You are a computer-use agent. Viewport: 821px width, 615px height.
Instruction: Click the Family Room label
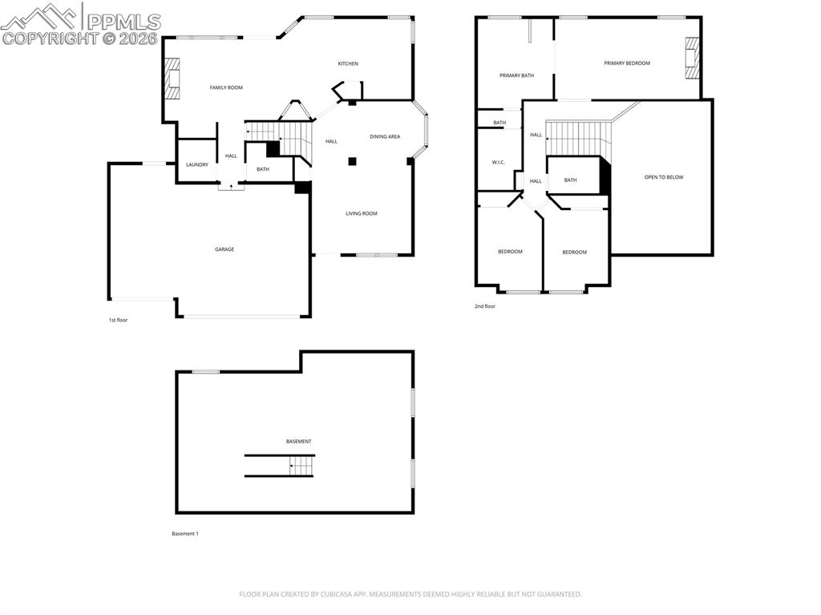226,87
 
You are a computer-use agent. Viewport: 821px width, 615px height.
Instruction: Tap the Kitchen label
347,63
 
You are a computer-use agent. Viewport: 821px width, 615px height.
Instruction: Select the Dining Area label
385,137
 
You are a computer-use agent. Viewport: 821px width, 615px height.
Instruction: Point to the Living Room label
361,213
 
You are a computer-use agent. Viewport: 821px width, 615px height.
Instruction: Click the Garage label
224,249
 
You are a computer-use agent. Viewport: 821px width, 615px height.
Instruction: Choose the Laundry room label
197,165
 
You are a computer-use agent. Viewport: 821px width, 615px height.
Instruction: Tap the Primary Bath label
516,75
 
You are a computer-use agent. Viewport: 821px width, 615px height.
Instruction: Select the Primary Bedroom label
627,63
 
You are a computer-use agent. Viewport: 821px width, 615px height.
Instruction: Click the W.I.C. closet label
498,162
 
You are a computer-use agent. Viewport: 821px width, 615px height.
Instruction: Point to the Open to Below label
664,177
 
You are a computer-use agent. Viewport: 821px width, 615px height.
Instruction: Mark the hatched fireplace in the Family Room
172,79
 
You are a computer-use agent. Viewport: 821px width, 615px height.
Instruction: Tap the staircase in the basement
301,466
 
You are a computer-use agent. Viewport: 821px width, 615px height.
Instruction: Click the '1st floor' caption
118,320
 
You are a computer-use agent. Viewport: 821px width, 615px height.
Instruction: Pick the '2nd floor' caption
484,306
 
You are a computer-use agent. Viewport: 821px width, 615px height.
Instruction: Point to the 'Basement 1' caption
184,534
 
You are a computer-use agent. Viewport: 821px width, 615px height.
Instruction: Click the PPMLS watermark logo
80,24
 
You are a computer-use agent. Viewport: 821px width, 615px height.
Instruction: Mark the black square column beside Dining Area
352,161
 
